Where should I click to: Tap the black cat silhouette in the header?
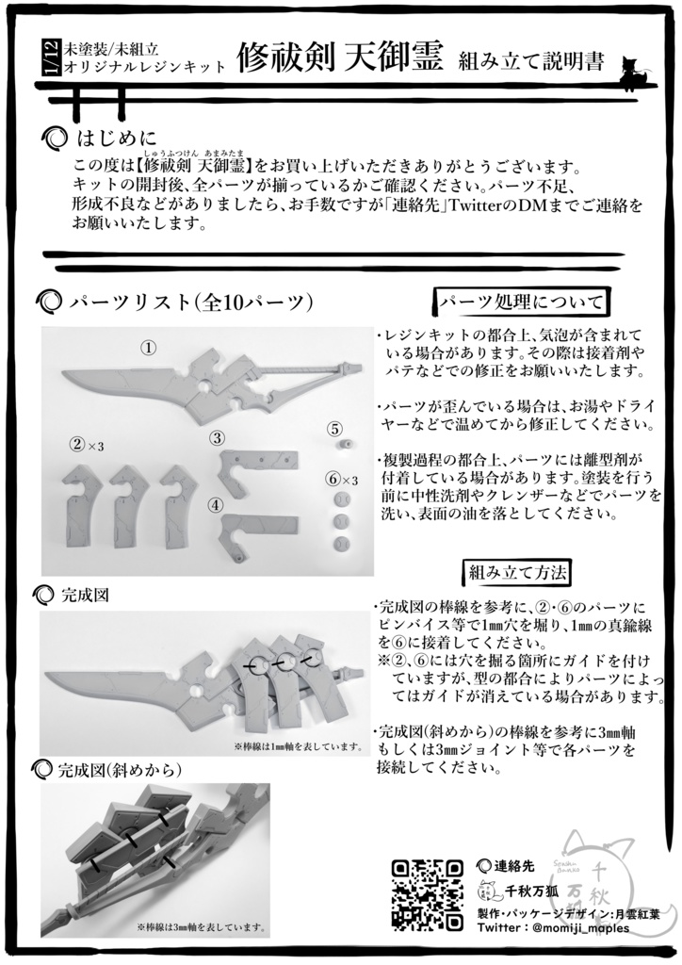point(630,73)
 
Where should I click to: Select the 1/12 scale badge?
point(51,58)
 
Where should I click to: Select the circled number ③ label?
point(218,437)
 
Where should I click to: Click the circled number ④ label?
point(216,504)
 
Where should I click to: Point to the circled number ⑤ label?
point(334,428)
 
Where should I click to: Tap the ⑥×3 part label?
point(341,481)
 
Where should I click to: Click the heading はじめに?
point(116,139)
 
